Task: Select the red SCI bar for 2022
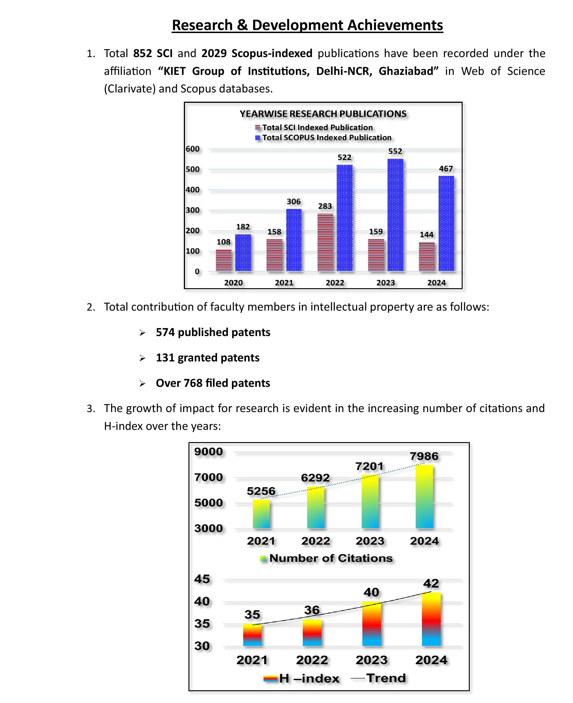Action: [x=325, y=243]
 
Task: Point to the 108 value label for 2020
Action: [x=224, y=242]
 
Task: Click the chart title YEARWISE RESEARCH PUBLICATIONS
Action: [x=323, y=114]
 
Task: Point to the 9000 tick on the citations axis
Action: [x=209, y=452]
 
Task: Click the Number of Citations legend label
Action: [x=331, y=558]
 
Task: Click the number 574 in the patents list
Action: [x=165, y=332]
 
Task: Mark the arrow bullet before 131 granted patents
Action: [x=142, y=358]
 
